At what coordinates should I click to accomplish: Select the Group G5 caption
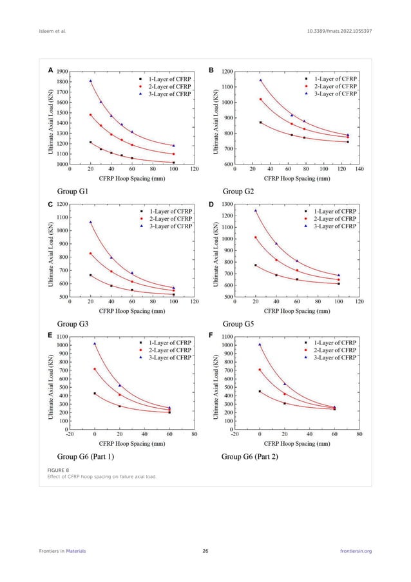coord(238,324)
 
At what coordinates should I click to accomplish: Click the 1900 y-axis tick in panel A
coord(62,72)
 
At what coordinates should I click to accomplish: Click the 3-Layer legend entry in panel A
coord(169,94)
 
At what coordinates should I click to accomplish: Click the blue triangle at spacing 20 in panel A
coord(91,81)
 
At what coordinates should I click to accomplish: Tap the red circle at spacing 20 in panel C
coord(91,254)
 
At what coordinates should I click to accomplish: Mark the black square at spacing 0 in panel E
coord(95,393)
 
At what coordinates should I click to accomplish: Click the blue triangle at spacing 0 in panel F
coord(260,344)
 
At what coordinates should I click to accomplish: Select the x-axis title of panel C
coord(131,310)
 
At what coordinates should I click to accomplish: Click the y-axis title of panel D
coord(216,250)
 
